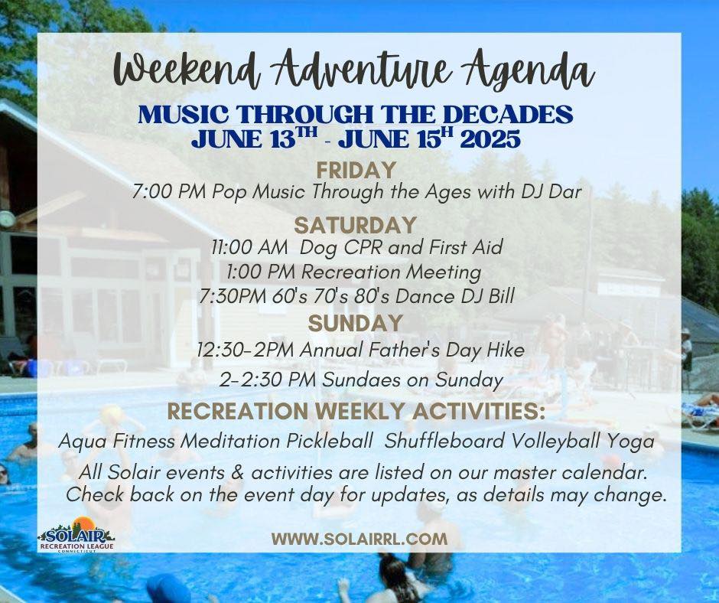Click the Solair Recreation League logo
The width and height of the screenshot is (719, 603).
coord(76,535)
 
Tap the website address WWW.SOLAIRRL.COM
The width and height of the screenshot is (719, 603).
coord(359,539)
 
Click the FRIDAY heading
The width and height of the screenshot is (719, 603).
coord(356,170)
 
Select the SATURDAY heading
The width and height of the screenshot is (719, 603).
coord(356,226)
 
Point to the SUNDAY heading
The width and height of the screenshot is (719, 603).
coord(356,324)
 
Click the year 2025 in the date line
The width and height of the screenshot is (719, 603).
coord(490,139)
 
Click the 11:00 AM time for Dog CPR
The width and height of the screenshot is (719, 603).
coord(250,247)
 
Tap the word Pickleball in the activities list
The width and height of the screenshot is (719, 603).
coord(330,441)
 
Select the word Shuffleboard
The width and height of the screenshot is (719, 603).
coord(444,441)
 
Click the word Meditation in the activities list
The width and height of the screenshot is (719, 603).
coord(231,441)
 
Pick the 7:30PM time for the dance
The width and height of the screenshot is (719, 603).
coord(233,296)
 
